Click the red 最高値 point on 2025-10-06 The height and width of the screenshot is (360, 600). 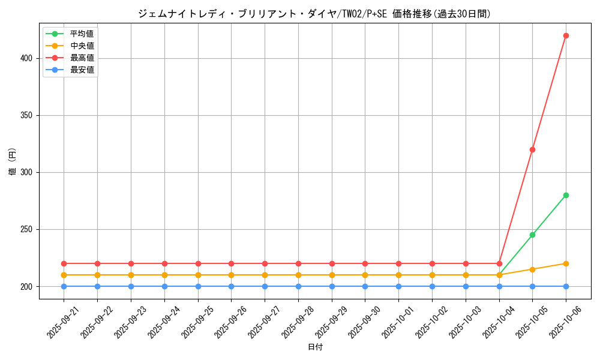(x=566, y=35)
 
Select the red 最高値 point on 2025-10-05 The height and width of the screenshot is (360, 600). (x=532, y=149)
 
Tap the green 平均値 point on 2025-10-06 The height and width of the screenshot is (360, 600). (x=566, y=195)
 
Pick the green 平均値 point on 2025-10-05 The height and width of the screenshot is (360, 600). (x=532, y=235)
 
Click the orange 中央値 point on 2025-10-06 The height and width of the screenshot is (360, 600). (x=566, y=263)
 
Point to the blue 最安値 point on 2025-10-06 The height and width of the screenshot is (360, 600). (x=566, y=286)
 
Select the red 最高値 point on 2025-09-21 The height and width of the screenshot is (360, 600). (x=64, y=263)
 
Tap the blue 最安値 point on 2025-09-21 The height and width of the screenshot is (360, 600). (x=64, y=286)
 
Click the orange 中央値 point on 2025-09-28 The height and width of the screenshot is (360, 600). (x=298, y=275)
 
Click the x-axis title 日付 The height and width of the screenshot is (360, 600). (x=315, y=347)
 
